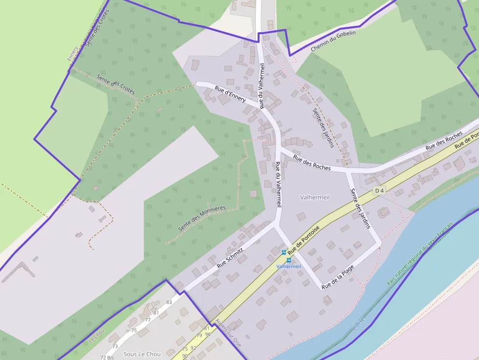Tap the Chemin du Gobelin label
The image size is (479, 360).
click(x=333, y=41)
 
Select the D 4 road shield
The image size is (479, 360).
click(x=379, y=191)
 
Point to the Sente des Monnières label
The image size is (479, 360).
click(x=202, y=218)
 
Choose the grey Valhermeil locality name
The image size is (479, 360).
click(x=315, y=197)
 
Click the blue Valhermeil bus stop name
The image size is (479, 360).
click(x=288, y=266)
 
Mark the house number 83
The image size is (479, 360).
click(x=169, y=302)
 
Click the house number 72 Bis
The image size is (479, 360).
click(x=107, y=358)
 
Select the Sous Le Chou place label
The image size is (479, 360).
click(x=142, y=354)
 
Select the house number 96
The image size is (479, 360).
click(x=208, y=334)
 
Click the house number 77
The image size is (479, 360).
click(x=148, y=320)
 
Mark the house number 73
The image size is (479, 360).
click(x=115, y=346)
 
